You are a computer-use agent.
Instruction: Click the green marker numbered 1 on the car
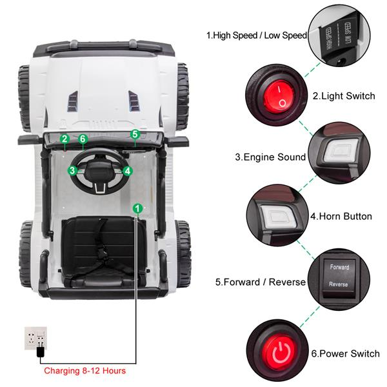(x=137, y=208)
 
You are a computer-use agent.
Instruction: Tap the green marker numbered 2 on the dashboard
(x=64, y=139)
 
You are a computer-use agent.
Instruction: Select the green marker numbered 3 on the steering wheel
(x=73, y=170)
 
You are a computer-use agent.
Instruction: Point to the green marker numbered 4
(x=128, y=171)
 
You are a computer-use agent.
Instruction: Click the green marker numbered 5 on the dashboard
(x=135, y=134)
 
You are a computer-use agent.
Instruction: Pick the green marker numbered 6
(x=83, y=139)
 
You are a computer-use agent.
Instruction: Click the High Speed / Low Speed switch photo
(x=339, y=34)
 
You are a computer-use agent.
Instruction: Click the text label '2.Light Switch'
(x=343, y=95)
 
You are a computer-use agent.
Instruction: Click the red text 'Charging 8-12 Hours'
(x=84, y=371)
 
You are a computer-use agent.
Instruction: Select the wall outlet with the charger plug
(x=36, y=339)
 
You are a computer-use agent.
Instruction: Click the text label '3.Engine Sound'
(x=270, y=157)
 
